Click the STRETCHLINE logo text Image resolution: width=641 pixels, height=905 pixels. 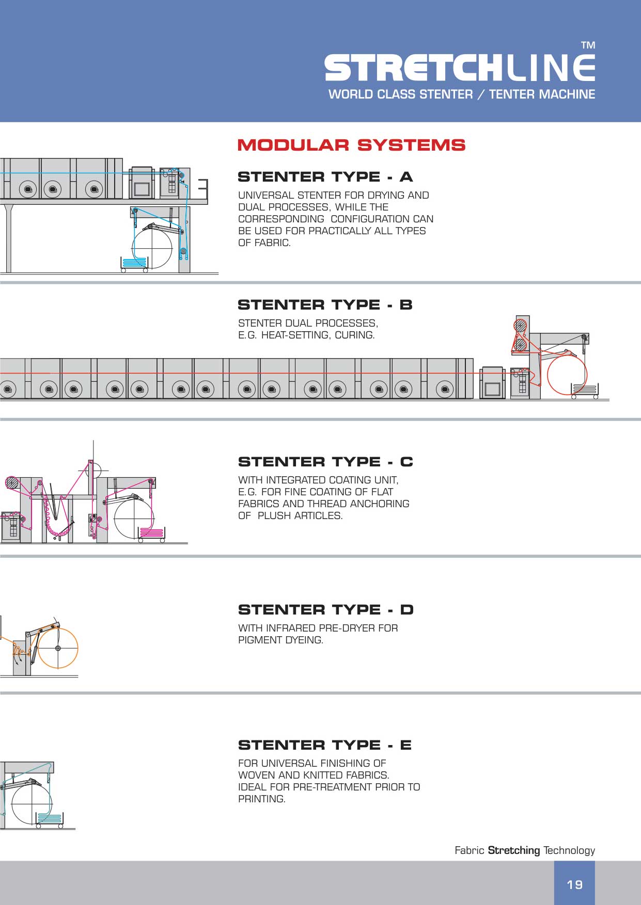pyautogui.click(x=459, y=68)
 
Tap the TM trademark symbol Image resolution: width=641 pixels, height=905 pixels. pyautogui.click(x=588, y=45)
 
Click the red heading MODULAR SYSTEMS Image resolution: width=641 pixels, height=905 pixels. pyautogui.click(x=351, y=145)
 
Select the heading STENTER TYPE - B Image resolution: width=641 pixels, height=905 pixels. pyautogui.click(x=325, y=305)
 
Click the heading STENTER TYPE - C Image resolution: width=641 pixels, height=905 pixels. pyautogui.click(x=325, y=462)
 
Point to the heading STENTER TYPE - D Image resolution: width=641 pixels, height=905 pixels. pyautogui.click(x=325, y=610)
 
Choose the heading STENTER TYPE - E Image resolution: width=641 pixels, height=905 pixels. pyautogui.click(x=324, y=745)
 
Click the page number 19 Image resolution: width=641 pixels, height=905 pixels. pyautogui.click(x=574, y=885)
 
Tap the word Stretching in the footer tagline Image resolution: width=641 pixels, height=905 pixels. pyautogui.click(x=513, y=850)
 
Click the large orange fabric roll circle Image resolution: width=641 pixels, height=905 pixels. pyautogui.click(x=58, y=648)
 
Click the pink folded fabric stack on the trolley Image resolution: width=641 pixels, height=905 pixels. pyautogui.click(x=152, y=533)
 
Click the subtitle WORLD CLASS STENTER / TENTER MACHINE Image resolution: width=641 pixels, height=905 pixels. pyautogui.click(x=462, y=94)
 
